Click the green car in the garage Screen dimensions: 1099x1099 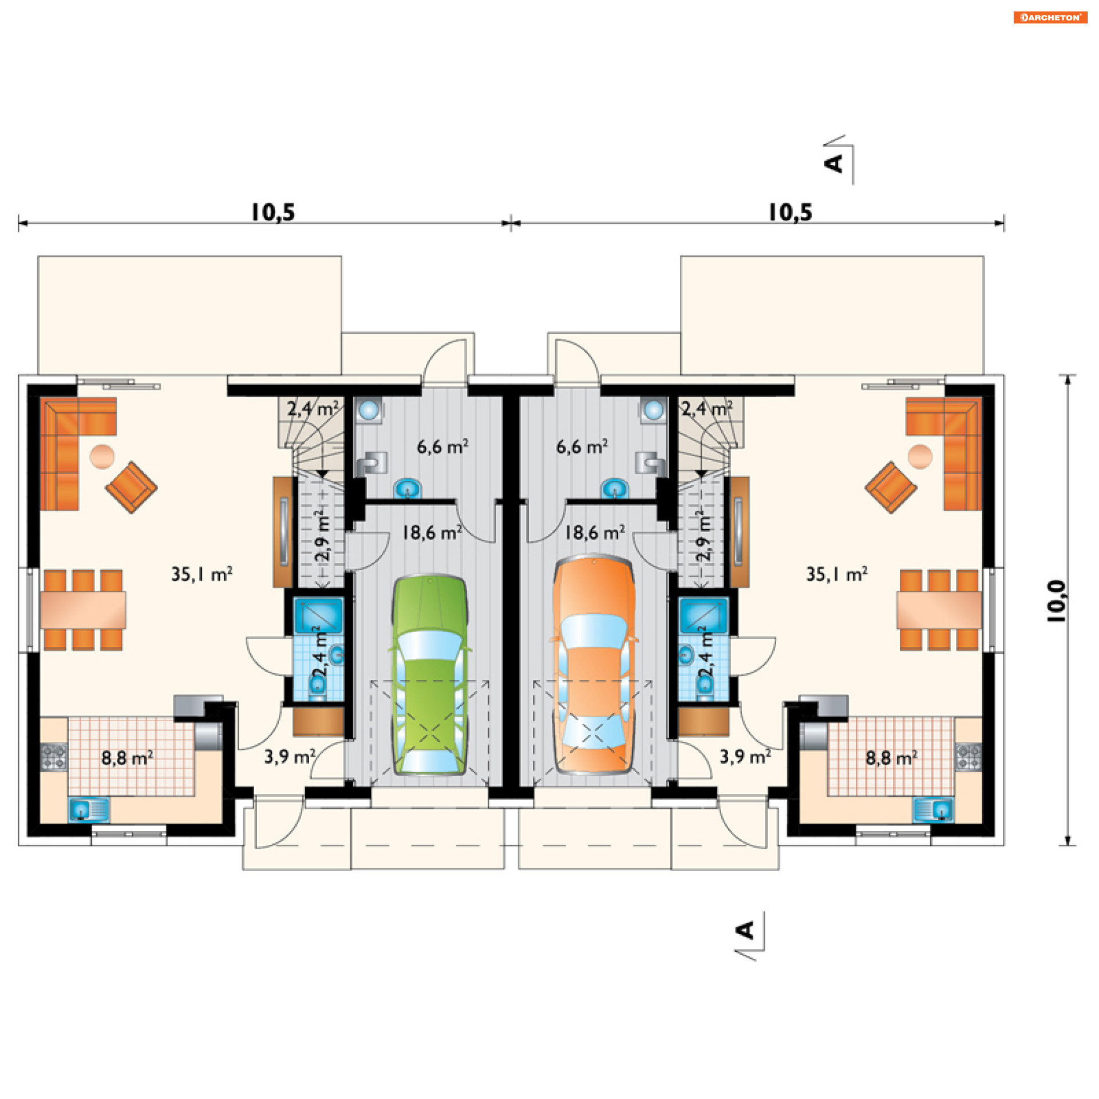tap(430, 675)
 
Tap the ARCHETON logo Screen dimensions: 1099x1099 tap(1050, 17)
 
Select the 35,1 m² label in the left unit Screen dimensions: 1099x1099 tap(202, 574)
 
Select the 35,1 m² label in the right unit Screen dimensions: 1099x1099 tap(837, 574)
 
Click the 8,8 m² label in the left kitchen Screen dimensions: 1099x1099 tap(127, 758)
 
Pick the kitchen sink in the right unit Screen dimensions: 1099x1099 tap(933, 809)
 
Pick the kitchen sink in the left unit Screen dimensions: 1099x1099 tap(89, 809)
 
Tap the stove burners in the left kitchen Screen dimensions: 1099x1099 tap(54, 756)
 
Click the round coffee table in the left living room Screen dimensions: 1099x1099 tap(102, 457)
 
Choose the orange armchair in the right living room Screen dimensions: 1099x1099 tap(891, 488)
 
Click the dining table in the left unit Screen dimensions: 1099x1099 tap(83, 610)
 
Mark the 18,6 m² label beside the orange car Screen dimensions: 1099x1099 tap(595, 533)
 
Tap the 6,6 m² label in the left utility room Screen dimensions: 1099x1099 tap(442, 446)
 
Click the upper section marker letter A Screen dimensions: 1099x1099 tap(834, 163)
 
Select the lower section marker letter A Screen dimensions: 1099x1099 tap(745, 930)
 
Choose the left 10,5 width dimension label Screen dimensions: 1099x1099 tap(273, 212)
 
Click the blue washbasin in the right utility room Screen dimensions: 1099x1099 tap(615, 489)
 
